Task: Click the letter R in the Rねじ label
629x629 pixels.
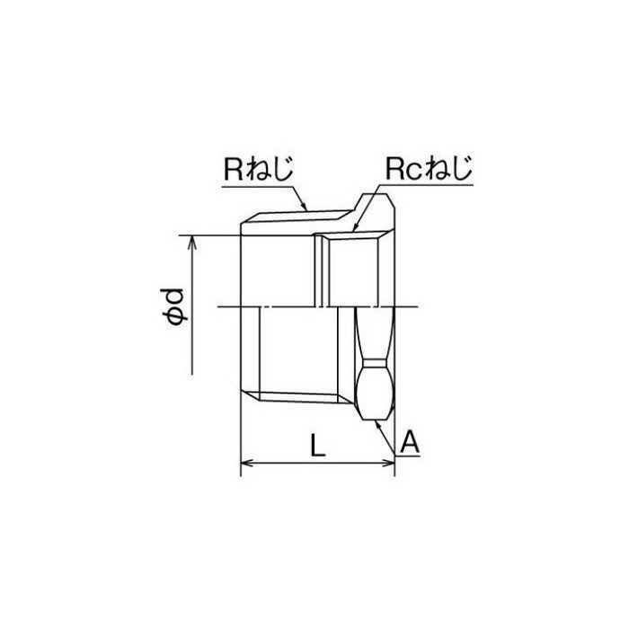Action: (234, 169)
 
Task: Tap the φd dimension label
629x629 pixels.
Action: (173, 306)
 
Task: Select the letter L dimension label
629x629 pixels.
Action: (317, 446)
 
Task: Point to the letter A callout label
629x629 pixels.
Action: (410, 442)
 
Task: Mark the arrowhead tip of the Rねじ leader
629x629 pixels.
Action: (307, 210)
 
